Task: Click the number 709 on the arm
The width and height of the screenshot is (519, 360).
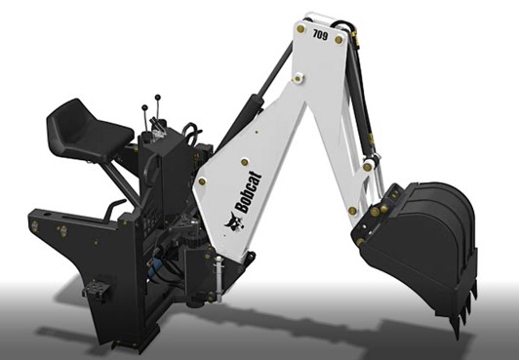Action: [x=320, y=34]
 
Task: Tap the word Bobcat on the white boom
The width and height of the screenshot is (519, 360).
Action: [x=248, y=191]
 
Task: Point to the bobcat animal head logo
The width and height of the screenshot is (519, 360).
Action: [x=235, y=221]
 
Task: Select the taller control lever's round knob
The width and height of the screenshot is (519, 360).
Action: [x=158, y=98]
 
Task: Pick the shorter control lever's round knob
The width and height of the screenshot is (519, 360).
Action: [x=144, y=107]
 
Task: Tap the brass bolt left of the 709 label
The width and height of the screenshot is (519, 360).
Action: [x=300, y=29]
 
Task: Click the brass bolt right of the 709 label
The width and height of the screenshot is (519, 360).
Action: [x=339, y=40]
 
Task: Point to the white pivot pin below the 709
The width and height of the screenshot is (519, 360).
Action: [x=299, y=78]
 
